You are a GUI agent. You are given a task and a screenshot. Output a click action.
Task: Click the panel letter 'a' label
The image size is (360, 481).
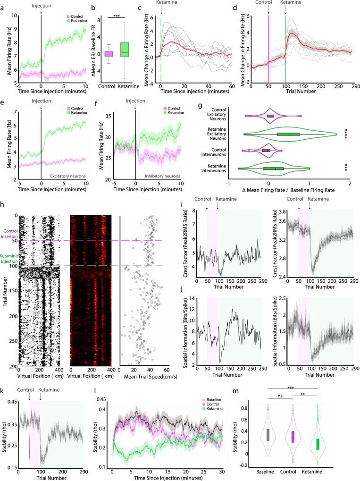(x=3, y=4)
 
